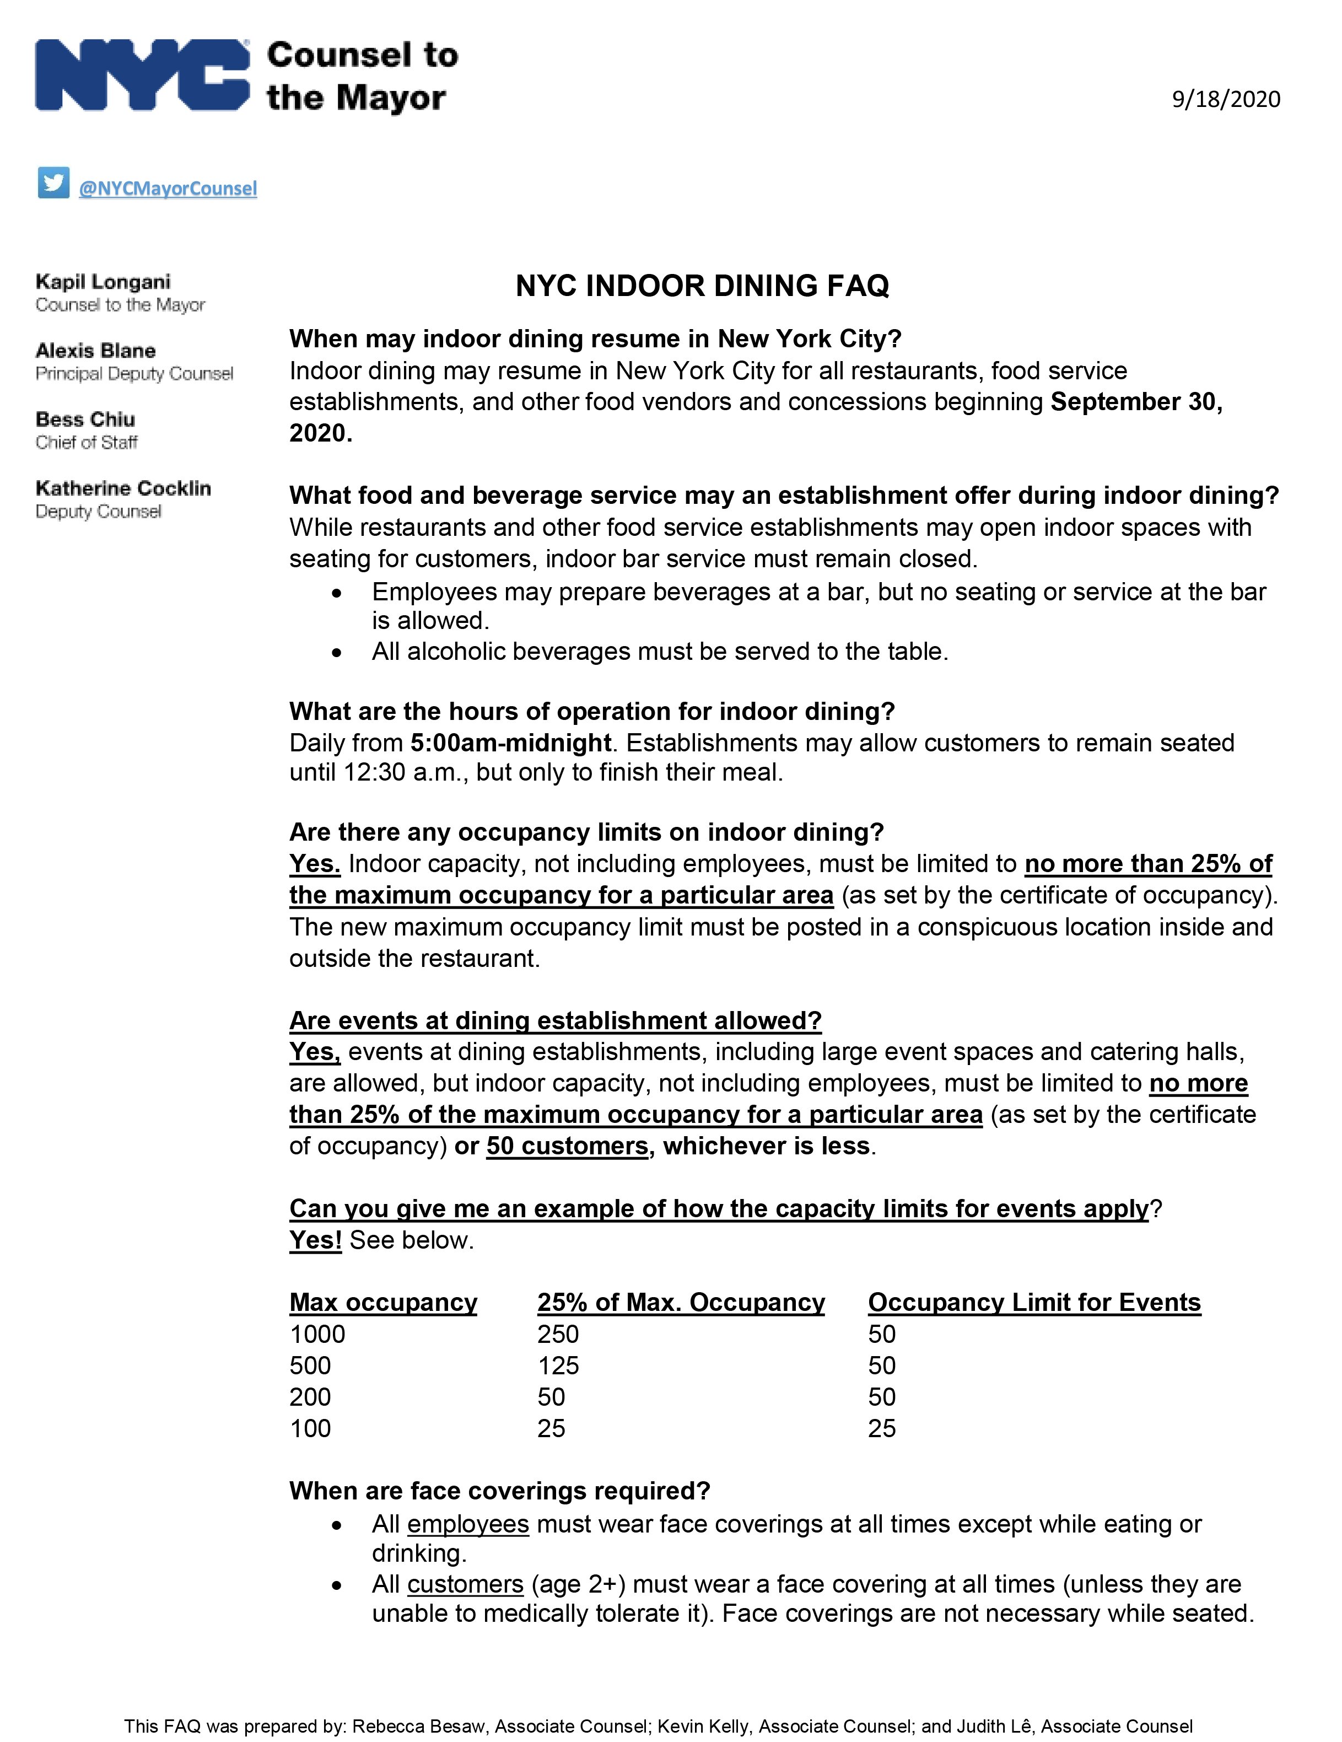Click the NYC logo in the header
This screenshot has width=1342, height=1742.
pyautogui.click(x=142, y=74)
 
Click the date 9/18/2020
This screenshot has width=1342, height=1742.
pyautogui.click(x=1226, y=100)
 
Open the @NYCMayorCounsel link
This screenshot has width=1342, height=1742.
pyautogui.click(x=168, y=188)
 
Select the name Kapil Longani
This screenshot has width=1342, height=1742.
pyautogui.click(x=103, y=282)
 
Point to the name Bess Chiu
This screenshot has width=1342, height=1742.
pyautogui.click(x=85, y=420)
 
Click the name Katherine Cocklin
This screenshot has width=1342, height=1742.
pyautogui.click(x=123, y=488)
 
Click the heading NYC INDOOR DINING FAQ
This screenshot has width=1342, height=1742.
pyautogui.click(x=702, y=286)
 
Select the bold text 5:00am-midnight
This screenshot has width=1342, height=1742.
pyautogui.click(x=510, y=743)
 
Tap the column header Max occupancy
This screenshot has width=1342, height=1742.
pyautogui.click(x=382, y=1303)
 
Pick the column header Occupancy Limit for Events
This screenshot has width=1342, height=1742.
pyautogui.click(x=1033, y=1303)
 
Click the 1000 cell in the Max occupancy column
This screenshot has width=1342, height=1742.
pyautogui.click(x=317, y=1335)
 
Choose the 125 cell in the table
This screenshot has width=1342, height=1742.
pyautogui.click(x=557, y=1365)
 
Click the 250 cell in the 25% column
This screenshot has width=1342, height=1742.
pyautogui.click(x=557, y=1335)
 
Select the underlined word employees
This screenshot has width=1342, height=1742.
pyautogui.click(x=467, y=1524)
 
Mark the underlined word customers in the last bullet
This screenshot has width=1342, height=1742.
pyautogui.click(x=465, y=1584)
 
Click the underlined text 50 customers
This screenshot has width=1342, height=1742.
pyautogui.click(x=567, y=1146)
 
